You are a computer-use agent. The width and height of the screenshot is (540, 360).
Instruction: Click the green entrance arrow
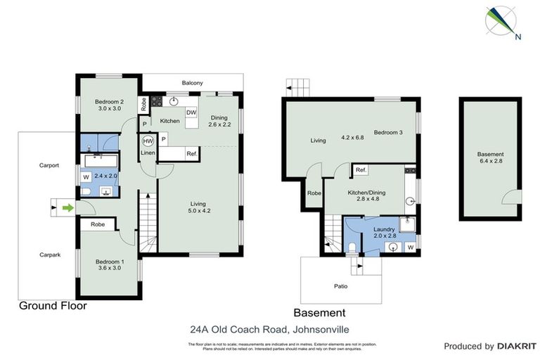(67, 207)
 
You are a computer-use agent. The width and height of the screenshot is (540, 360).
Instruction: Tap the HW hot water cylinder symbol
(148, 140)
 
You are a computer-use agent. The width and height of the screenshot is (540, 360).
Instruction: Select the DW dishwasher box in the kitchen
(191, 112)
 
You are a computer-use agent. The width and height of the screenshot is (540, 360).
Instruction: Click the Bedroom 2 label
(110, 101)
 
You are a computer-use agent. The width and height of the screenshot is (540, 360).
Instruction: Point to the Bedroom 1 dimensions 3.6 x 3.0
(110, 269)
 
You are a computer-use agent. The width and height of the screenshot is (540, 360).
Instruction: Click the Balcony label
(193, 83)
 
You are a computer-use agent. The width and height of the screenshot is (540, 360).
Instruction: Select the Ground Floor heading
(53, 306)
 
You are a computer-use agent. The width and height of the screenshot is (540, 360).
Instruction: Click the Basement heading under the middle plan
(319, 313)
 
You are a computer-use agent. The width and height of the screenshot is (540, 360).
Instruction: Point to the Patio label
(340, 286)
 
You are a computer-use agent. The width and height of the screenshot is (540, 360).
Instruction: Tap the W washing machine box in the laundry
(410, 247)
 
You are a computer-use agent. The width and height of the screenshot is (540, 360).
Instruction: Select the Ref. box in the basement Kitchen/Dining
(361, 170)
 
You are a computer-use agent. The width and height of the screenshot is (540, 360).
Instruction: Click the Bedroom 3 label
(387, 132)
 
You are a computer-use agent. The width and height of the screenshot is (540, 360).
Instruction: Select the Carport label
(49, 166)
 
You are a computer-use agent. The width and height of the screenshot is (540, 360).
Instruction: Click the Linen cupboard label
(148, 153)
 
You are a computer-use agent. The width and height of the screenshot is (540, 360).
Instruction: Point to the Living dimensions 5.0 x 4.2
(200, 210)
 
